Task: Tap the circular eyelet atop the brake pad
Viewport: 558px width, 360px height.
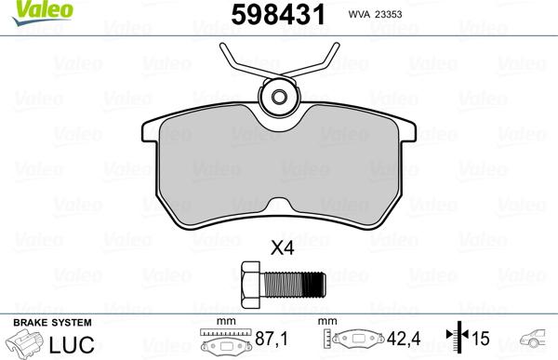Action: coord(278,97)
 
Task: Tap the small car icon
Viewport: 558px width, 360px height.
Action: coord(538,341)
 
